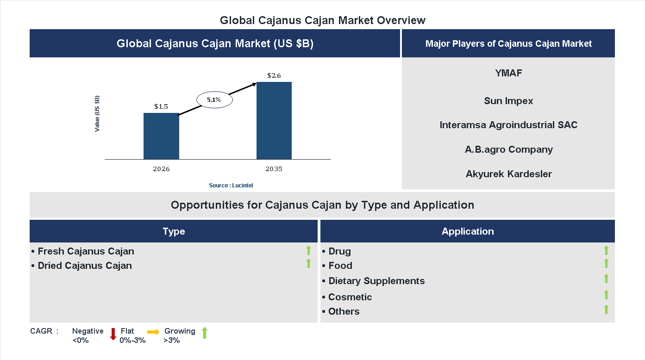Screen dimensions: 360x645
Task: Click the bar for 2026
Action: tap(161, 136)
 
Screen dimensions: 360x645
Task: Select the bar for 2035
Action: tap(274, 121)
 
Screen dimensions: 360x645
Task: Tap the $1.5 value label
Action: tap(161, 106)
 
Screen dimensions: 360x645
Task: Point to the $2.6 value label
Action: tap(274, 75)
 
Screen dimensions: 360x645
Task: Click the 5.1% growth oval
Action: tap(214, 99)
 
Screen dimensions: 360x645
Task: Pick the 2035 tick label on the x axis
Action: tap(274, 169)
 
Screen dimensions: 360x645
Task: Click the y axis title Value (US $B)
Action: tap(97, 113)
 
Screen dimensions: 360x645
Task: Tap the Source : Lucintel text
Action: tap(231, 186)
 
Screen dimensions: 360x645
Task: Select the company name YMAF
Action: tap(508, 73)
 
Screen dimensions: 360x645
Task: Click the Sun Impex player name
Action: tap(508, 101)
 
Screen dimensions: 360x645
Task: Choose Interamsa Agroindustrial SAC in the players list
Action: tap(508, 125)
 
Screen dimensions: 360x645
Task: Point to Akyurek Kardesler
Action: tap(508, 174)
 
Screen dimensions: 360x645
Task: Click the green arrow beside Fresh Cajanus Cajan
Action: tap(308, 250)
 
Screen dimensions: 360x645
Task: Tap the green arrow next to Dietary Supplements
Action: tap(606, 279)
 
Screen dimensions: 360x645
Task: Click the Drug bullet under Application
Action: tap(339, 251)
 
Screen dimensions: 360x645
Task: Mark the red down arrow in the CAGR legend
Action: tap(113, 334)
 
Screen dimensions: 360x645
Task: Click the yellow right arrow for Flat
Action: tap(153, 332)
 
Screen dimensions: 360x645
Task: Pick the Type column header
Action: tap(174, 231)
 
